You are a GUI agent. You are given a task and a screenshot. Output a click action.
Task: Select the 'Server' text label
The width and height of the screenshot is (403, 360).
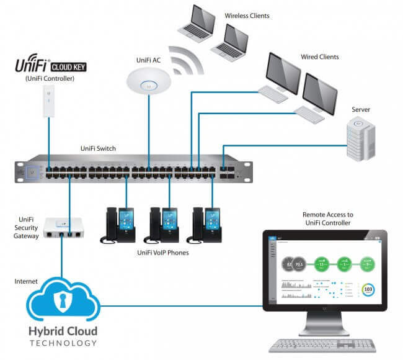coord(360,110)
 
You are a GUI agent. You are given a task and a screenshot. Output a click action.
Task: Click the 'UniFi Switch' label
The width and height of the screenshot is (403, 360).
coord(98,149)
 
